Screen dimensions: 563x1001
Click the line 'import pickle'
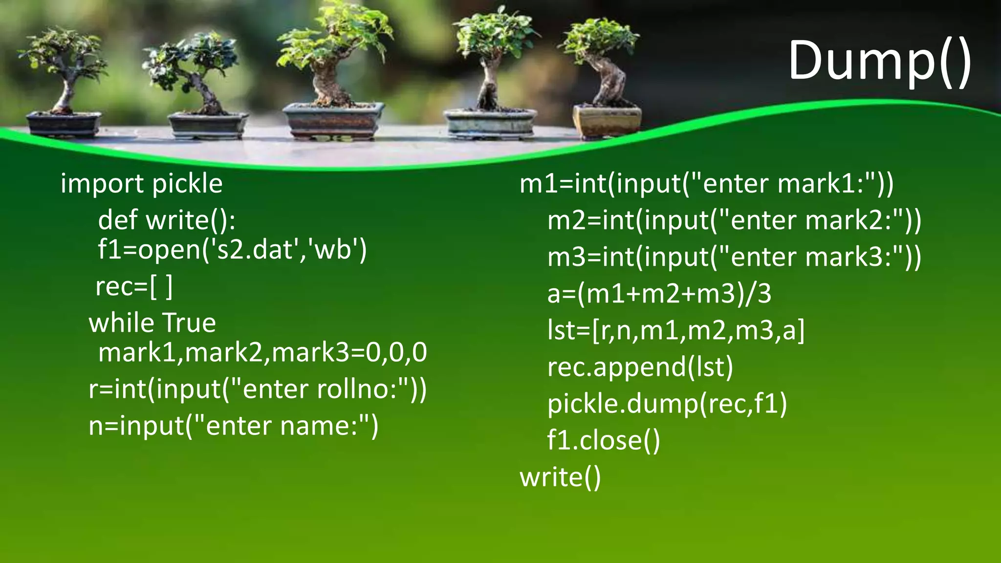tap(141, 184)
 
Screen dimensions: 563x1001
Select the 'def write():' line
tap(167, 220)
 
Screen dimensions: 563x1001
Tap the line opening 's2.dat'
tap(232, 250)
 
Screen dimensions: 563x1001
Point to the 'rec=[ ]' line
tap(134, 287)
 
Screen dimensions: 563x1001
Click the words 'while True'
tap(152, 323)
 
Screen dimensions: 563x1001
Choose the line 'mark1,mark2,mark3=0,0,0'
tap(262, 352)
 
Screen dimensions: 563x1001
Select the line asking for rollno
tap(258, 390)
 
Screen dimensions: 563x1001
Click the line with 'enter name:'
tap(233, 426)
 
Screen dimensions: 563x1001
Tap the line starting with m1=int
tap(706, 184)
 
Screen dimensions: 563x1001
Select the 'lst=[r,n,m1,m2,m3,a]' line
tap(675, 331)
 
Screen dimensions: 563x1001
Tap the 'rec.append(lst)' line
tap(640, 368)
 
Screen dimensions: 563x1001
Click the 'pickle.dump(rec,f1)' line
tap(667, 404)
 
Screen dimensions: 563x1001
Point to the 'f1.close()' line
tap(603, 440)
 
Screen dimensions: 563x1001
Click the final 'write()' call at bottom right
tap(560, 477)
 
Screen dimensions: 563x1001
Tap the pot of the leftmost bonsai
tap(64, 123)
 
